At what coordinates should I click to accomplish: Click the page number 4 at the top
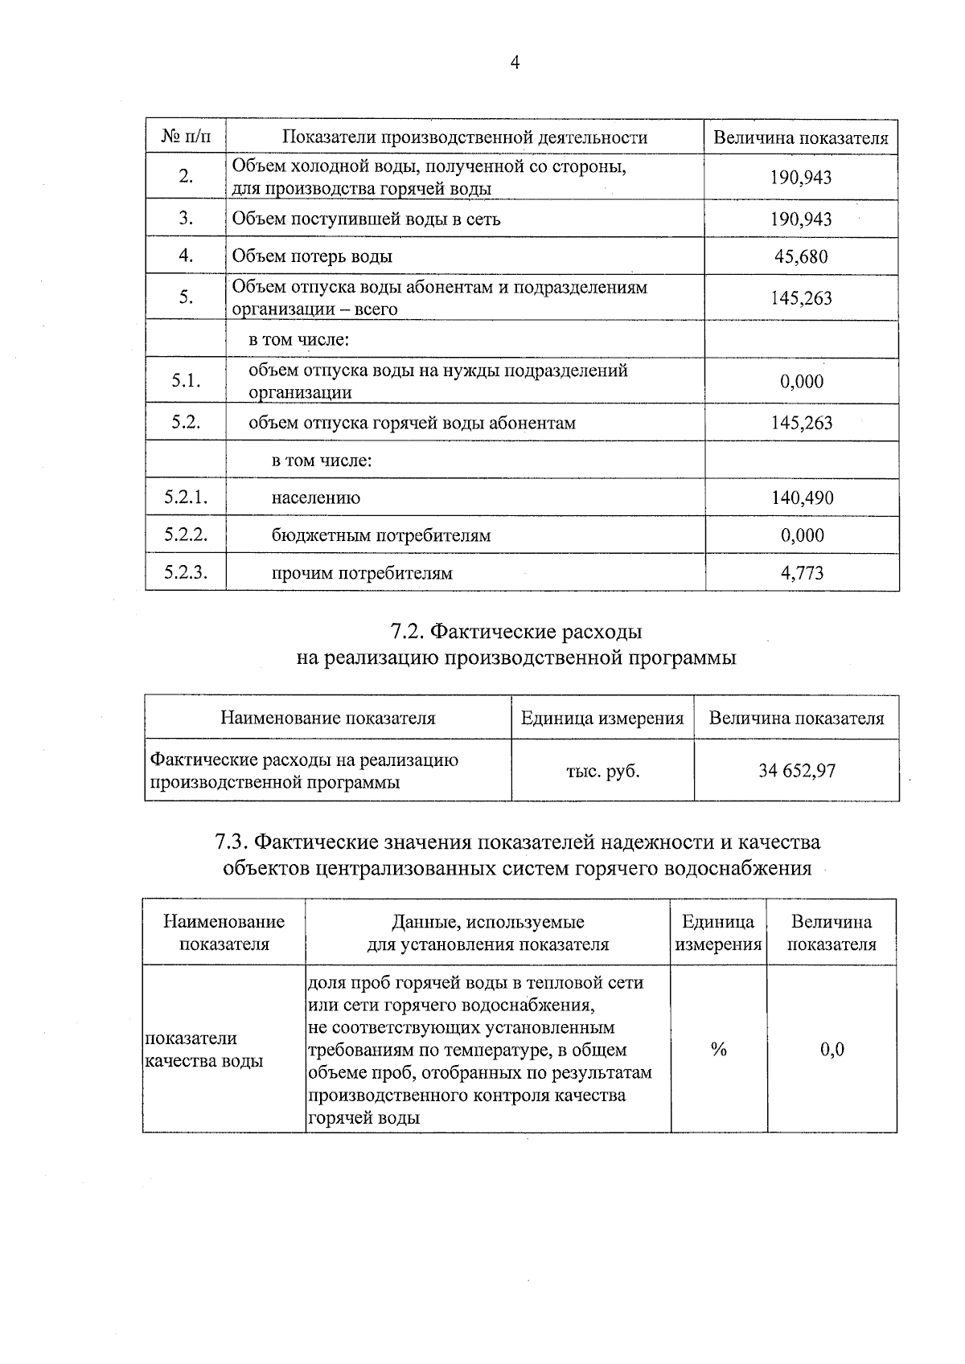point(515,63)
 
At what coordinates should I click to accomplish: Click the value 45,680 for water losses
point(801,257)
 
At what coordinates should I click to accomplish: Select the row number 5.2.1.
point(186,498)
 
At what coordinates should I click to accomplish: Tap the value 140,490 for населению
point(802,498)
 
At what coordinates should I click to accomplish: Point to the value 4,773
point(802,574)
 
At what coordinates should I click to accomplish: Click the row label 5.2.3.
point(186,573)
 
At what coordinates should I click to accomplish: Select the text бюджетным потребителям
point(380,536)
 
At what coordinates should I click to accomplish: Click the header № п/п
point(186,137)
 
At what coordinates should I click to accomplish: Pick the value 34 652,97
point(796,772)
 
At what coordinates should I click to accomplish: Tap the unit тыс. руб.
point(602,772)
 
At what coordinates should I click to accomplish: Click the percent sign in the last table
point(718,1050)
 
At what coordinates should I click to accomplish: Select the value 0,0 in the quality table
point(832,1050)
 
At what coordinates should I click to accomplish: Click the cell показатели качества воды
point(203,1050)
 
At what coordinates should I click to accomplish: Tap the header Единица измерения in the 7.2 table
point(602,719)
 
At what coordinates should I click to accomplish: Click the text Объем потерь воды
point(312,257)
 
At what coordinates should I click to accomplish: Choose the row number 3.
point(186,219)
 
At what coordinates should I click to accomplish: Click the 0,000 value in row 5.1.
point(802,382)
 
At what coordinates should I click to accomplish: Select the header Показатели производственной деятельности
point(465,137)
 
